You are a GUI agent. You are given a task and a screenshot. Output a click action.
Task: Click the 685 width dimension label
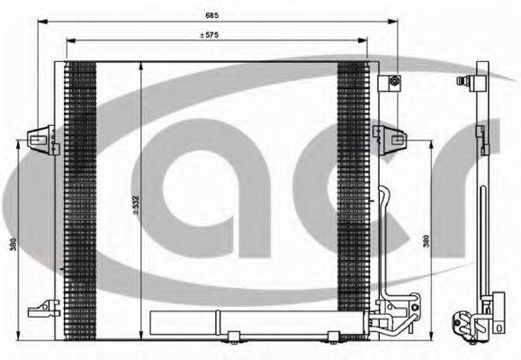(211, 15)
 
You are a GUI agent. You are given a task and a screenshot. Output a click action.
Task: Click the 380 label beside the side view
(425, 241)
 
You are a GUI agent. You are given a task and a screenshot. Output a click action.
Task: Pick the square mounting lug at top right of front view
(393, 83)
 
